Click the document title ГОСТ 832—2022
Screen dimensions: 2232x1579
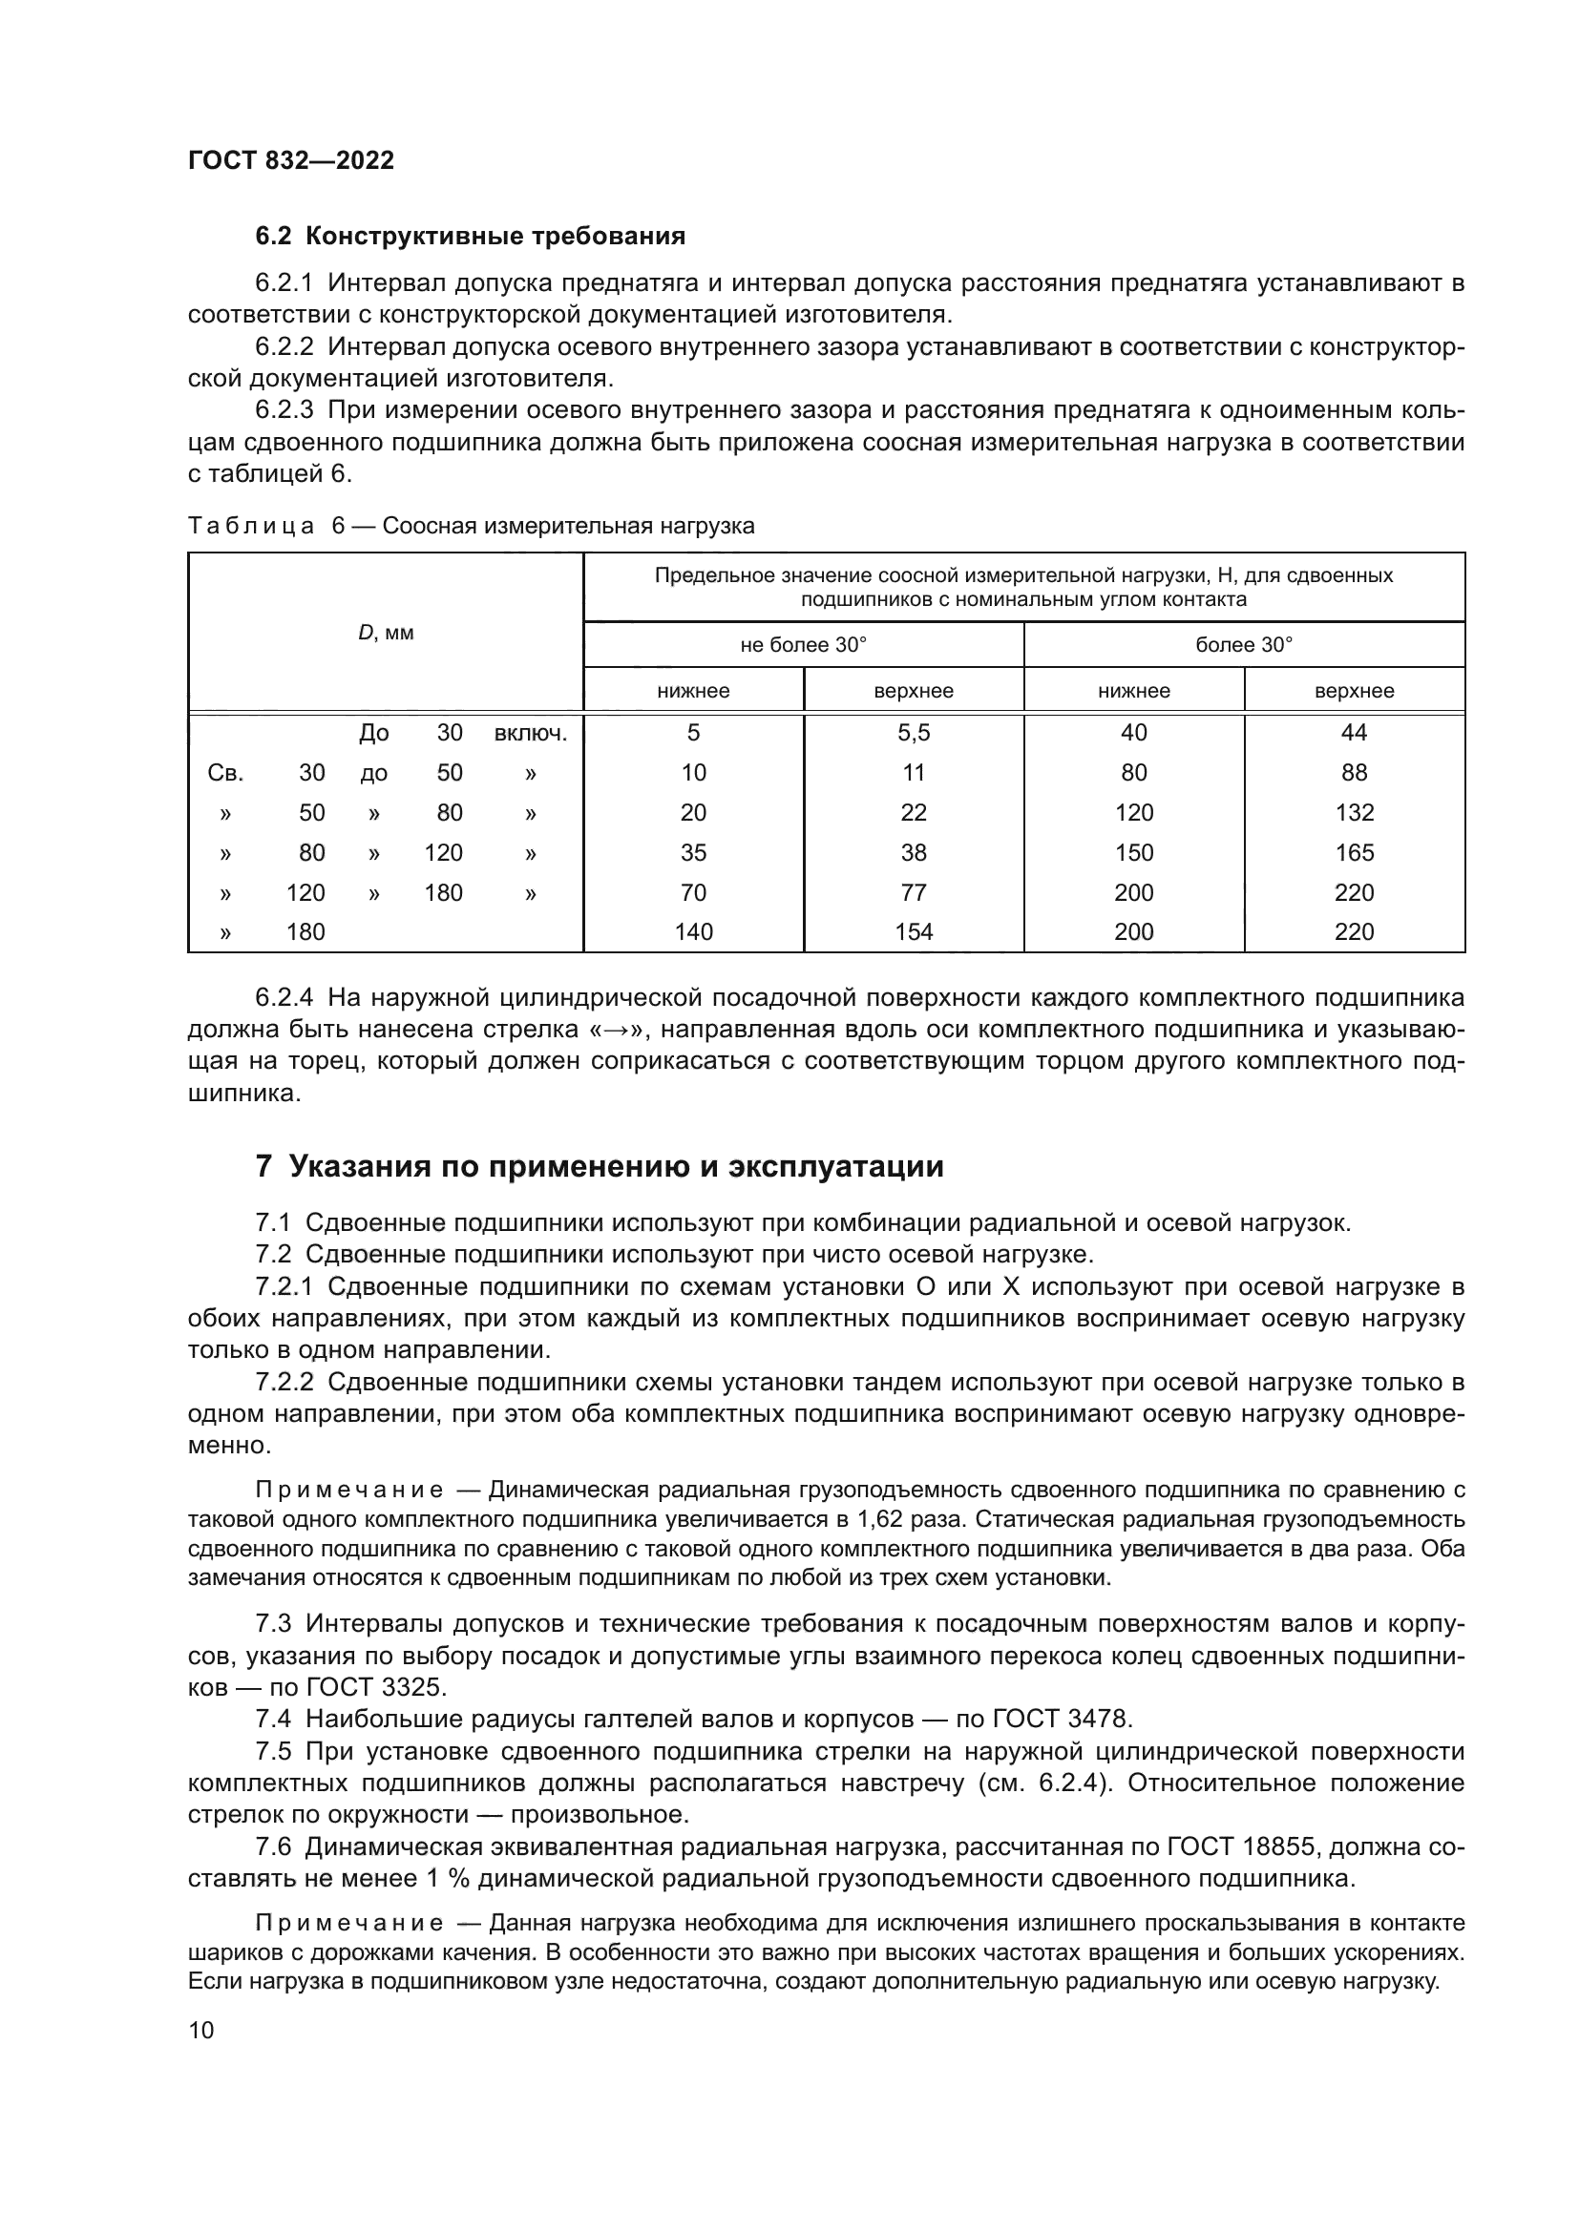click(291, 160)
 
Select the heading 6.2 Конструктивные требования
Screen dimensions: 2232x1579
click(470, 237)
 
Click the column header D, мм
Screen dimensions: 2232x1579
click(386, 633)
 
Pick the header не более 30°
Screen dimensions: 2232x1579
click(803, 644)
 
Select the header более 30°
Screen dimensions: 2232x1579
click(1244, 644)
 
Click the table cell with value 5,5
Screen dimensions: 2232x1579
click(913, 733)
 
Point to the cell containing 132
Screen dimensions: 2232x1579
click(1354, 813)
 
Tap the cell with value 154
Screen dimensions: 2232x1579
click(913, 932)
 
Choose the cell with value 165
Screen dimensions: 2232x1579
click(1354, 852)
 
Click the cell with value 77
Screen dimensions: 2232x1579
click(913, 892)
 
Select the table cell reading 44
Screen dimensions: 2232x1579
click(1354, 733)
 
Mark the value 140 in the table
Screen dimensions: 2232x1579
click(693, 932)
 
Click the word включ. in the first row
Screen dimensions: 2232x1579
click(530, 733)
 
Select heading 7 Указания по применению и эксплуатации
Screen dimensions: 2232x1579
click(599, 1165)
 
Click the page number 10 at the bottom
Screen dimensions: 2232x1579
click(201, 2031)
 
